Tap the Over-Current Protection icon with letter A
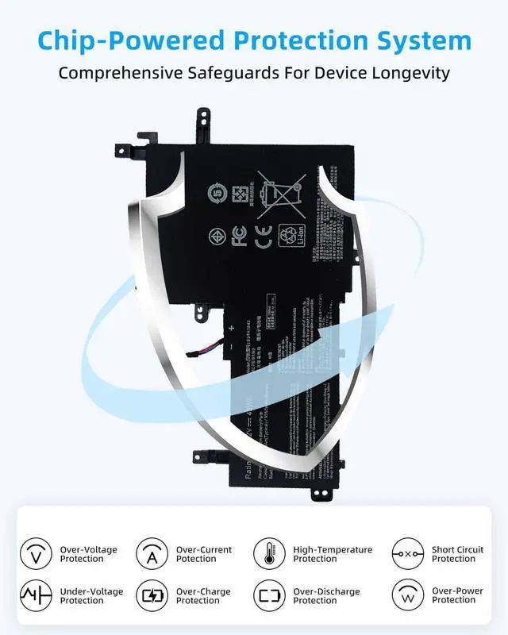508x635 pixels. [x=152, y=553]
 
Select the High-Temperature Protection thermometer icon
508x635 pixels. [x=269, y=553]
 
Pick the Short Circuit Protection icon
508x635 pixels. [x=408, y=553]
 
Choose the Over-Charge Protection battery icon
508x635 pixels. [x=152, y=595]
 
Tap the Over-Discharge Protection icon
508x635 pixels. [x=269, y=595]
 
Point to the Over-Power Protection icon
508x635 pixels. [x=408, y=595]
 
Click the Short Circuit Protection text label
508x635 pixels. [x=457, y=554]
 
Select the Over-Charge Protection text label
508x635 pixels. [x=204, y=596]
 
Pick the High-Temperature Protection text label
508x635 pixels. [x=332, y=554]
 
